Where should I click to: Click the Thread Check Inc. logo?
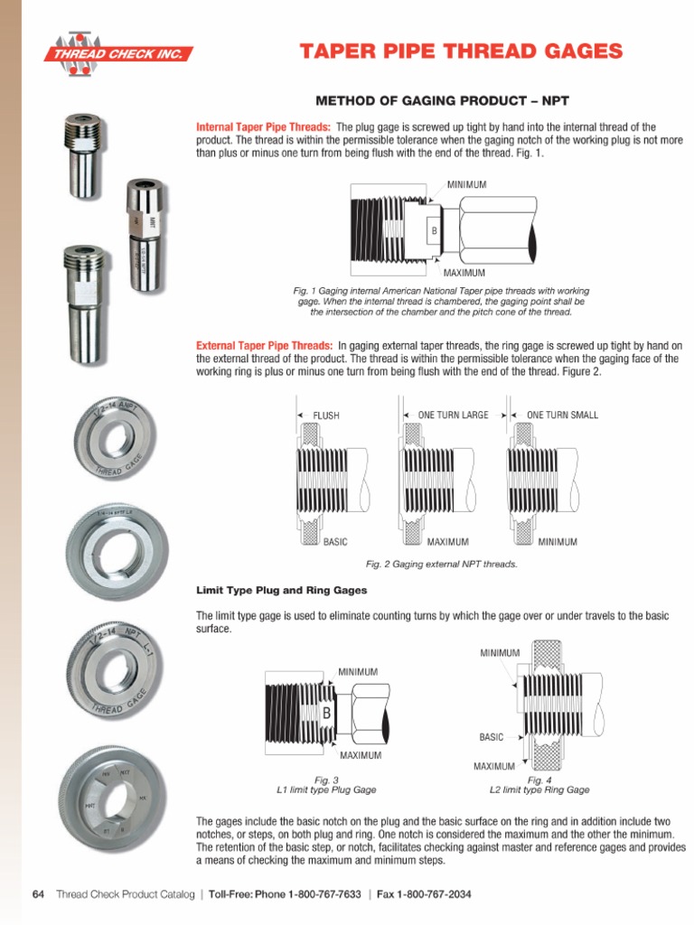coord(120,53)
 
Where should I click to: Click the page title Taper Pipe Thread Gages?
coord(461,51)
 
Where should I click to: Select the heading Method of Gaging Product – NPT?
coord(440,99)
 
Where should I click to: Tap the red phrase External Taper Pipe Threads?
coord(264,346)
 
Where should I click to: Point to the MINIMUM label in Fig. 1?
coord(466,184)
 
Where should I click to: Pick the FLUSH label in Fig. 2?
coord(326,416)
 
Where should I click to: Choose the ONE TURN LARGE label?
coord(453,416)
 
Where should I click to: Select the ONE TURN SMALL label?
coord(562,416)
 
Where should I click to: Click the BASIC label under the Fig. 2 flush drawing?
coord(335,542)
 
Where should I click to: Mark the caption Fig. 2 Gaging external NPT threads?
coord(441,564)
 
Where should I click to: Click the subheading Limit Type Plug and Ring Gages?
coord(282,590)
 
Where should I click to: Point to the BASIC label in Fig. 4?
coord(491,737)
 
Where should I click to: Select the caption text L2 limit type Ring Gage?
coord(539,790)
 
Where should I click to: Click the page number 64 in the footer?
coord(38,894)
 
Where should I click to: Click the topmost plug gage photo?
coord(83,155)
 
